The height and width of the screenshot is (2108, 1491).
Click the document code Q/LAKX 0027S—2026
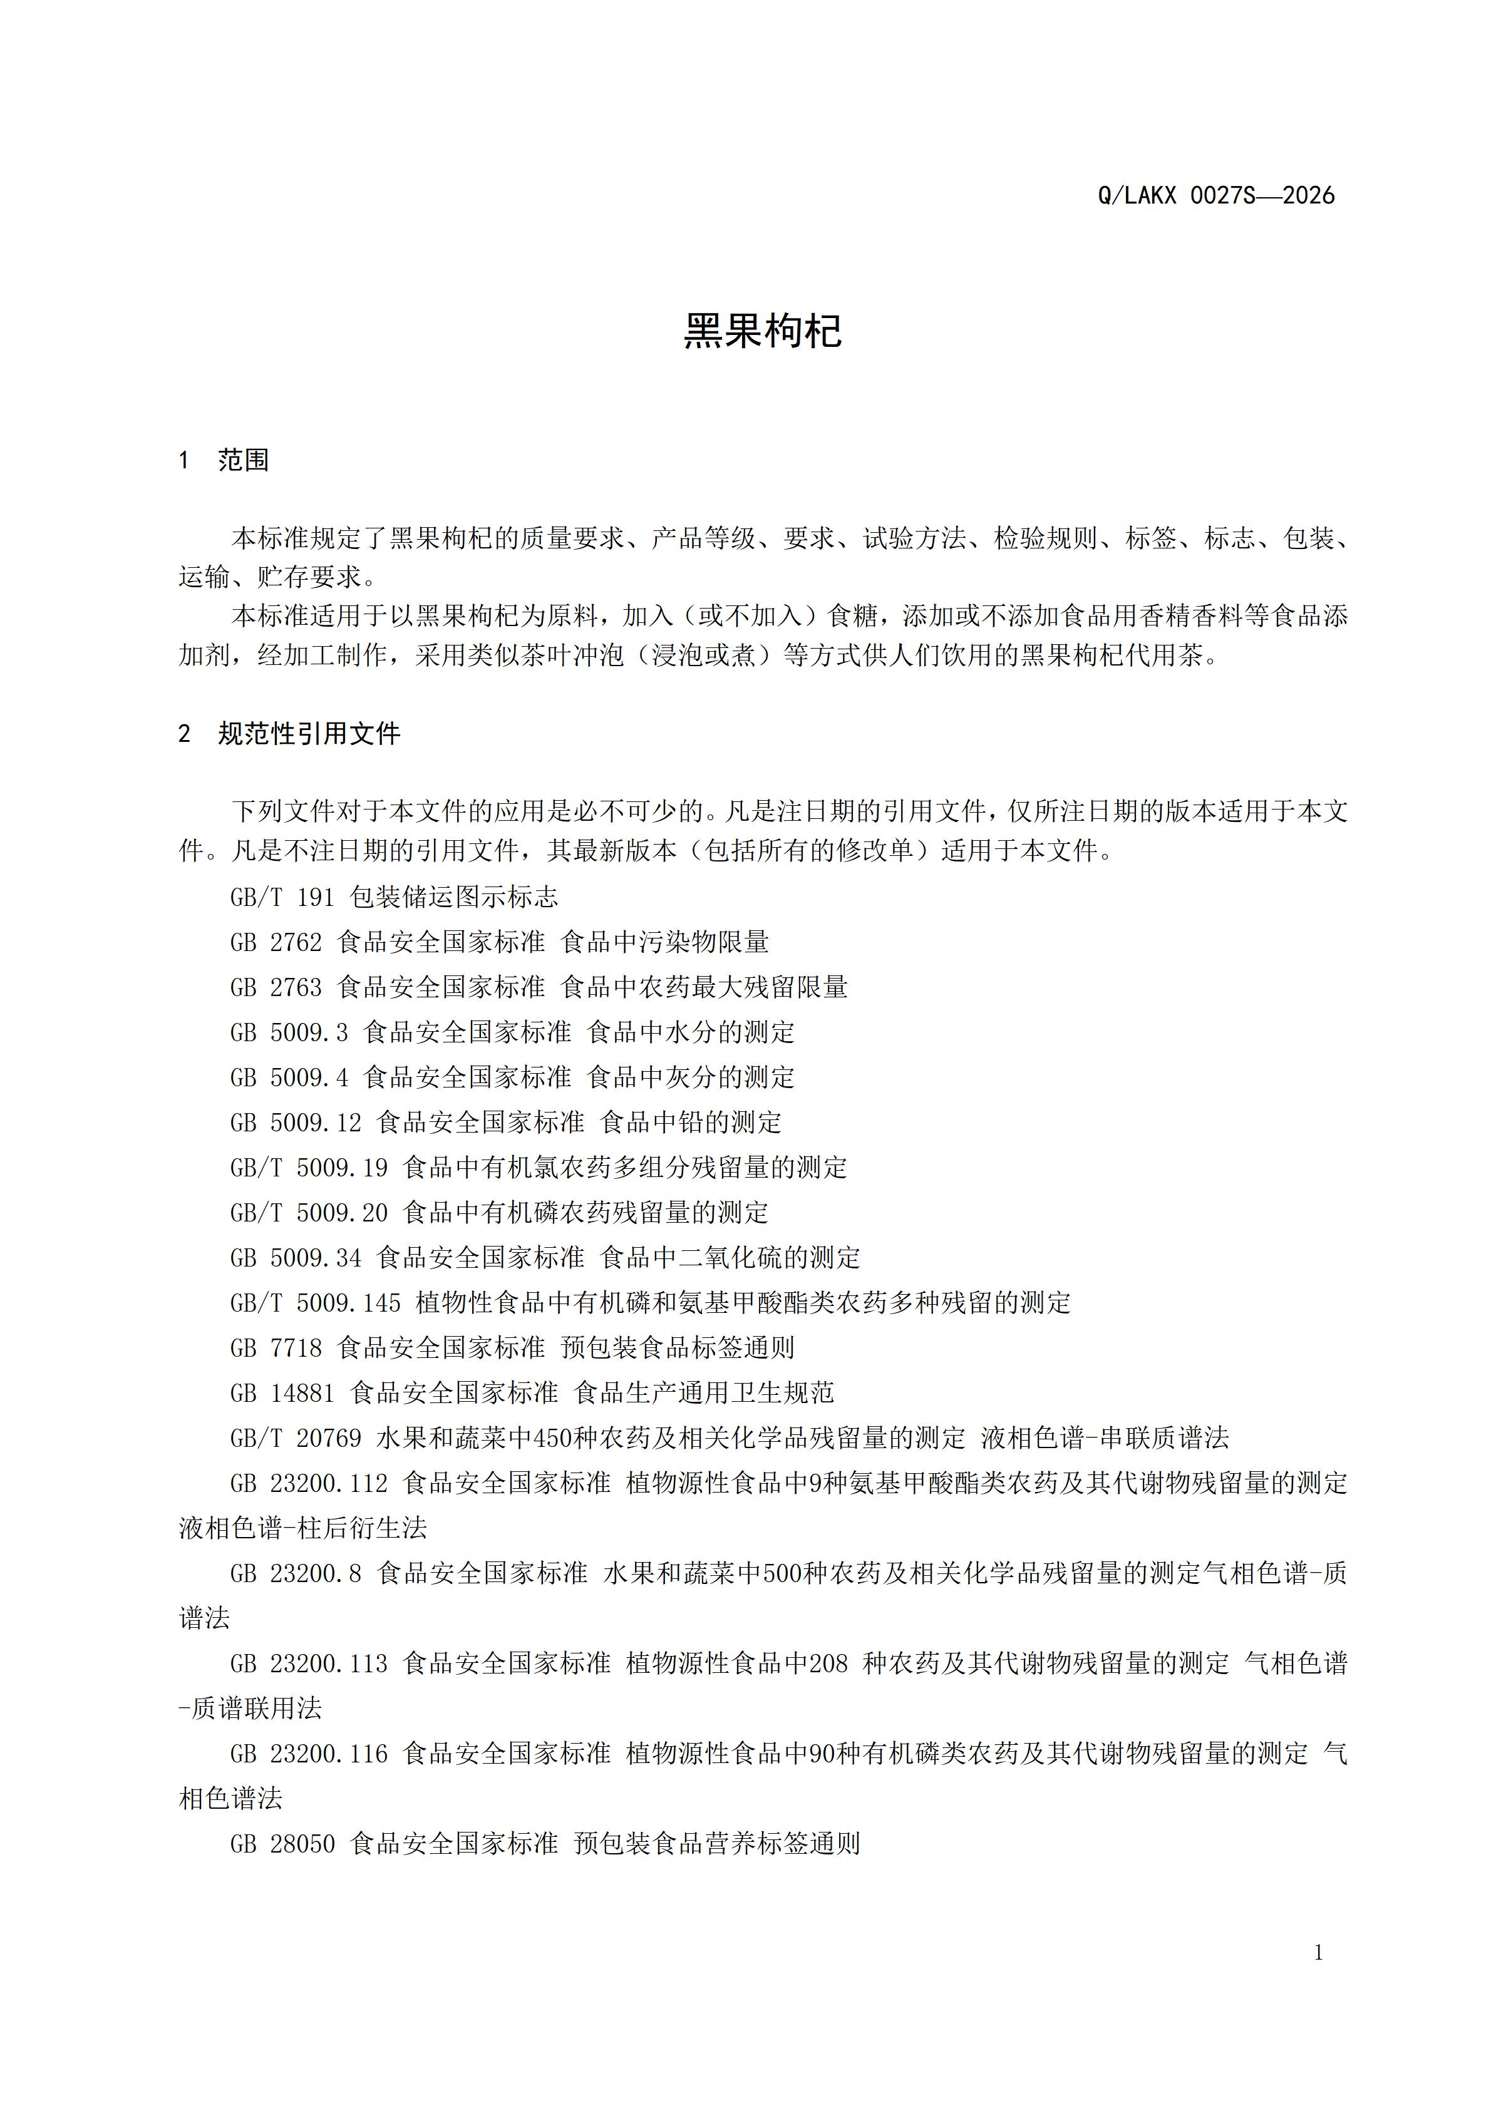pos(1215,195)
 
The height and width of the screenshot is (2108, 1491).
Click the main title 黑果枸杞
pos(762,331)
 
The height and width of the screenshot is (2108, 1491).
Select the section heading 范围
pos(244,460)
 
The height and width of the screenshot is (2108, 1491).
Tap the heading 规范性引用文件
pos(309,734)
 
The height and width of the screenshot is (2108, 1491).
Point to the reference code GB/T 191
pos(282,897)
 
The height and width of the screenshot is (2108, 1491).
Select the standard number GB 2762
pos(276,942)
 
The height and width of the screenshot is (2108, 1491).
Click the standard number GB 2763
pos(276,987)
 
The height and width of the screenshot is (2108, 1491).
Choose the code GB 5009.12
pos(296,1122)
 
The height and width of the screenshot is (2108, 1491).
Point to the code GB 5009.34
pos(296,1258)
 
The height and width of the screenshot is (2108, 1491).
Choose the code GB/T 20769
pos(296,1437)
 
